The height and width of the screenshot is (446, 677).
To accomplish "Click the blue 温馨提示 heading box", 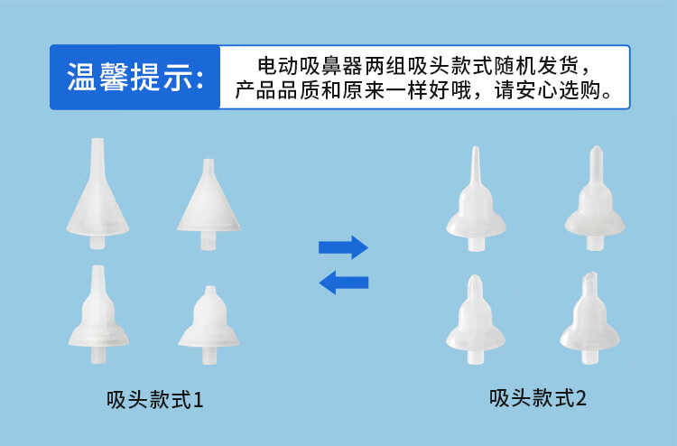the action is (135, 78).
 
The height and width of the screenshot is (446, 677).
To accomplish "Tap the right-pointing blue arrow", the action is (343, 246).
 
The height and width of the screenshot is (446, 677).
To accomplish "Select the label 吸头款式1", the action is (155, 398).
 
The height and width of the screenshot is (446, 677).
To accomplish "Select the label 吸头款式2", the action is (538, 397).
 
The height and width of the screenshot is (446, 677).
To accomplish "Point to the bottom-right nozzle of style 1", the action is (209, 325).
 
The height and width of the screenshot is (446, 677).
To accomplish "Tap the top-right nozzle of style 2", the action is (595, 203).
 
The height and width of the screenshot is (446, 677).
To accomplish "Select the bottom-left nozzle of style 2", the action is (477, 325).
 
